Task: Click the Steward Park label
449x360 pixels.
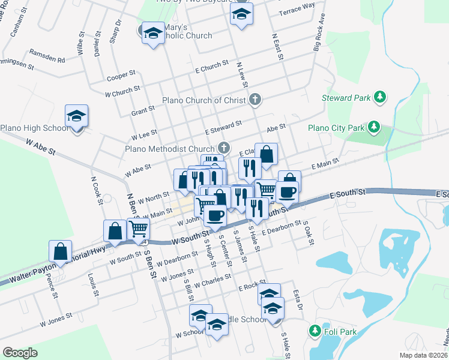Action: [x=348, y=97]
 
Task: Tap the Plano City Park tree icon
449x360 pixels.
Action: [x=374, y=127]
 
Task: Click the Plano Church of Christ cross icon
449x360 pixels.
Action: [x=256, y=100]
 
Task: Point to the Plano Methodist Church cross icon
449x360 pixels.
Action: [x=224, y=148]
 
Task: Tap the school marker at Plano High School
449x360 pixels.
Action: [x=77, y=116]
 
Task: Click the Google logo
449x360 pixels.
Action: [x=20, y=352]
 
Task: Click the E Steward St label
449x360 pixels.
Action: [x=223, y=127]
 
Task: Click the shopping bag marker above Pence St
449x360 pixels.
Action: [x=61, y=251]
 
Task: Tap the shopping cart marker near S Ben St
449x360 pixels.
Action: [x=139, y=230]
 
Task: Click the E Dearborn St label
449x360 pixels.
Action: [x=281, y=228]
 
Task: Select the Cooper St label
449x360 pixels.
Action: [x=121, y=77]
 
